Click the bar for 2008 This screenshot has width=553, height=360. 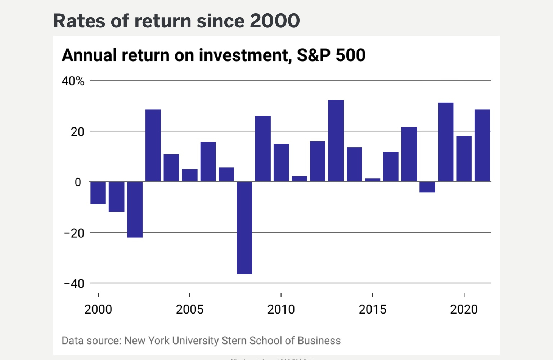coord(244,228)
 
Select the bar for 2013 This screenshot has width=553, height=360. coord(336,141)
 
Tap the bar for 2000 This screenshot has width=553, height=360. coord(98,193)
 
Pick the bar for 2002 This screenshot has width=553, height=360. coord(135,209)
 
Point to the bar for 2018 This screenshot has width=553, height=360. coord(427,187)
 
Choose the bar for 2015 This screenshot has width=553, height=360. coord(373,180)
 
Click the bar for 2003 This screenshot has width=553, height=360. coord(153,145)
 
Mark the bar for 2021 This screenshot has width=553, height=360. coord(482,145)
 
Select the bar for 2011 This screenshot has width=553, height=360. coord(299,179)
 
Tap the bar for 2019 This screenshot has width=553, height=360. coord(446,142)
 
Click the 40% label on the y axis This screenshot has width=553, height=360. coord(73,81)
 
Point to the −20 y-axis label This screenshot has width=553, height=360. coord(74,233)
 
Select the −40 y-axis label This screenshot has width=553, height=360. coord(74,284)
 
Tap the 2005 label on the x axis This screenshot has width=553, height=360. coord(190,310)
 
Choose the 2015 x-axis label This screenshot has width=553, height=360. coord(372,310)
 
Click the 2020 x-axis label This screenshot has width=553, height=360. coord(464,310)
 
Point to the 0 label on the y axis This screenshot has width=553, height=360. coord(78,183)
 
